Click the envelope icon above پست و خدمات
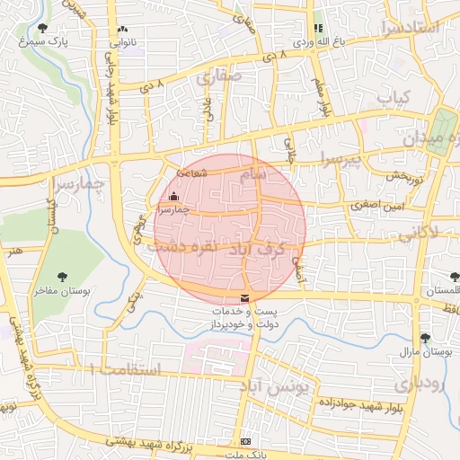click(244, 298)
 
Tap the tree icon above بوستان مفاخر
click(62, 277)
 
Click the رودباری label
click(420, 385)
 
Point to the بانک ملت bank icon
click(246, 442)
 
